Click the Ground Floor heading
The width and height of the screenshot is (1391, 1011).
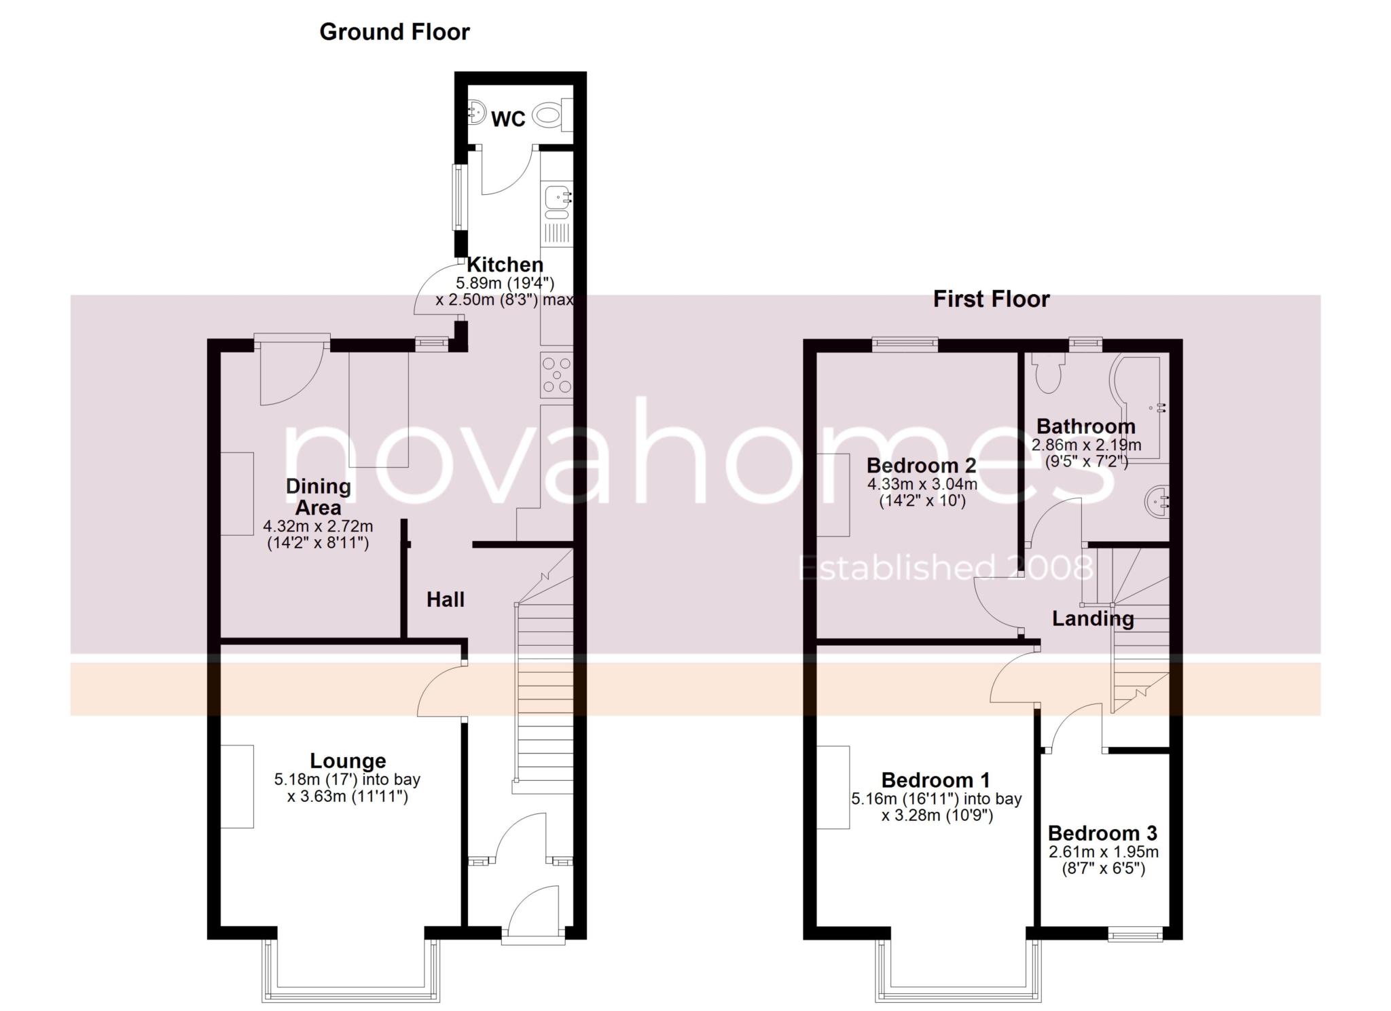[394, 32]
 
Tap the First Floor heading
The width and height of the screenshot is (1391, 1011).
[990, 299]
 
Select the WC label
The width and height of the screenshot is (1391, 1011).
[508, 119]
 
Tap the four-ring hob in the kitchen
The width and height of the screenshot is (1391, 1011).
[557, 375]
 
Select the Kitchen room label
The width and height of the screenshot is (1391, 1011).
[505, 264]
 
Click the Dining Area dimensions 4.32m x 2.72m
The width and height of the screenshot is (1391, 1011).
[318, 526]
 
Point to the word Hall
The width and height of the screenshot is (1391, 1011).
[446, 599]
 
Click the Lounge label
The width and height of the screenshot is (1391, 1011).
[348, 760]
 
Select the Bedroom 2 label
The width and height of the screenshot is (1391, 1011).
[921, 465]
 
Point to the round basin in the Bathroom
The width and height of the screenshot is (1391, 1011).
[1157, 502]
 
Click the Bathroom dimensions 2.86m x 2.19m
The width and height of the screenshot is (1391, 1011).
[1085, 445]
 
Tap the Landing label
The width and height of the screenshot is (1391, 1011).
[1092, 619]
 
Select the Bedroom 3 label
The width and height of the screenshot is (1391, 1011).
[1102, 833]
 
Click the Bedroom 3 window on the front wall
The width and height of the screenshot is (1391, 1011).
[1135, 936]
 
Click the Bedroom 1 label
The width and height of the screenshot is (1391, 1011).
[935, 779]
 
